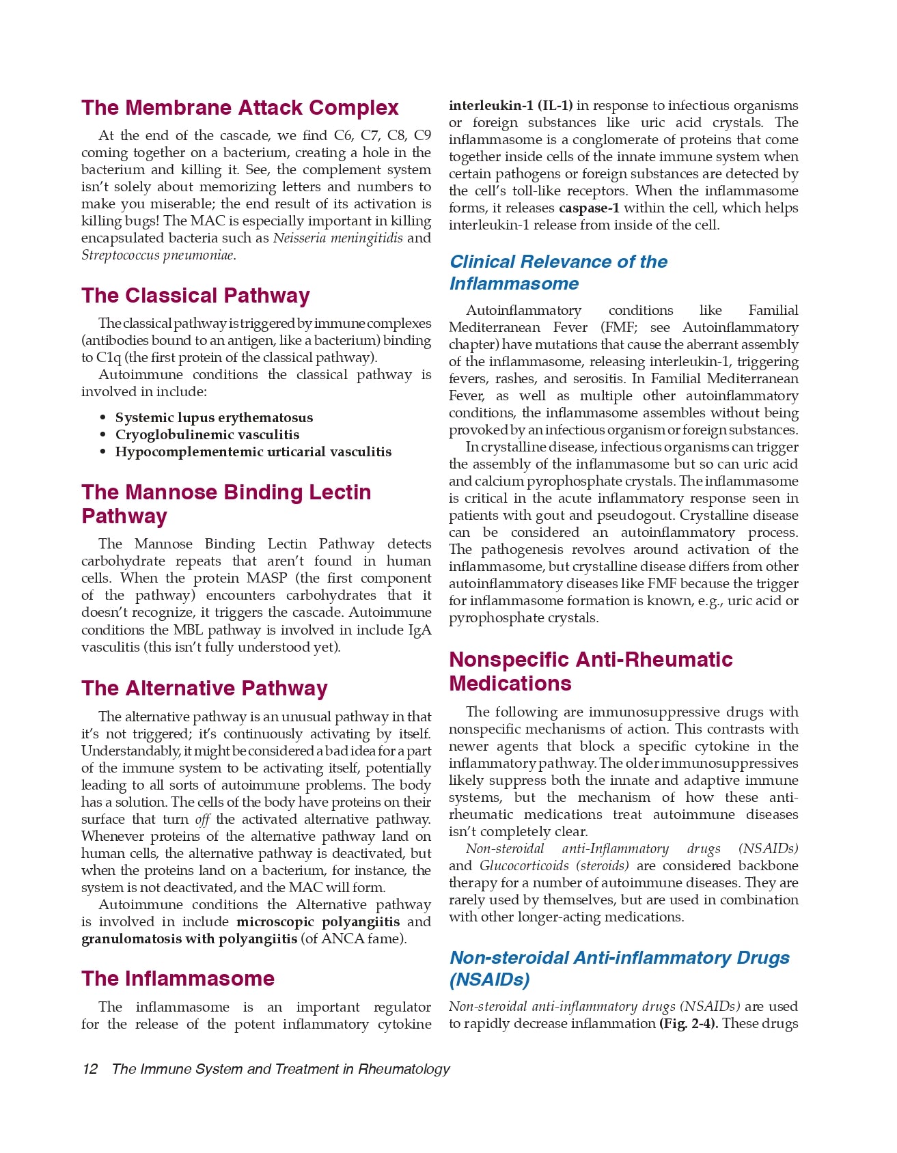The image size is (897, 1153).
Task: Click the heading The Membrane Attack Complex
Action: pos(240,108)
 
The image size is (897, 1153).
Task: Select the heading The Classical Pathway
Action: pos(195,296)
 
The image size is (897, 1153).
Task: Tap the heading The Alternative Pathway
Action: pos(204,689)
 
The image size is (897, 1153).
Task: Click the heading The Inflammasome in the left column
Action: pos(178,979)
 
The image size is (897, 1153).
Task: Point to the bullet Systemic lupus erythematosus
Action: pos(214,417)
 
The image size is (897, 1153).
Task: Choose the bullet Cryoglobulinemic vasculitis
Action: pos(207,434)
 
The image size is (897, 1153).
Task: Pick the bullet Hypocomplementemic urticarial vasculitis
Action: pos(253,452)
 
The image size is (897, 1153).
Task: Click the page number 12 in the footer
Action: pos(89,1069)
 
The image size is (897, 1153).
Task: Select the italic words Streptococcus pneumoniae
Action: pos(158,255)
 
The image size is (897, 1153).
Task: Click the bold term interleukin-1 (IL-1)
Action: pos(510,106)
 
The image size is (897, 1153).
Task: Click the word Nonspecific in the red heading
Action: pos(510,660)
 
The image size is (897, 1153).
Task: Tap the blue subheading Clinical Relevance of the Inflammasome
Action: pos(558,273)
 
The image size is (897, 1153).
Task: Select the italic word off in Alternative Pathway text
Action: pos(202,820)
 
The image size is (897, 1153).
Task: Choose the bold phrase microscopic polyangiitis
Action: pos(318,922)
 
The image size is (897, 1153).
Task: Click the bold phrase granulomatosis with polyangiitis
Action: pos(189,939)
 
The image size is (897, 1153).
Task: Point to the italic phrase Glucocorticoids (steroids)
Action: pos(553,866)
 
